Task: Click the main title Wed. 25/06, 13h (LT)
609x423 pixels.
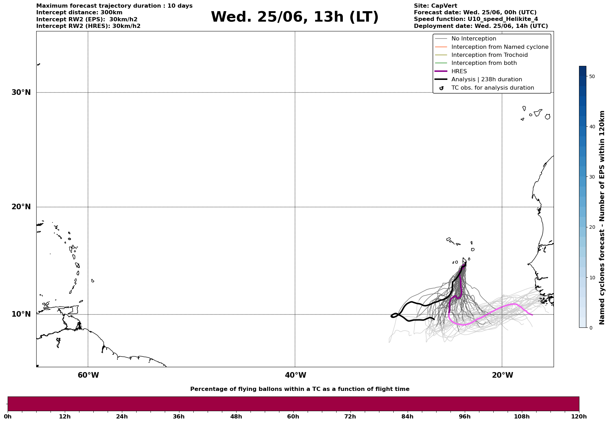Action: click(294, 17)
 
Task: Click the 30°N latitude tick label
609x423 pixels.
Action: click(21, 92)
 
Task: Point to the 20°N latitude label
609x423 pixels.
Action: click(21, 207)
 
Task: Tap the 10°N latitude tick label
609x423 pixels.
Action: click(21, 314)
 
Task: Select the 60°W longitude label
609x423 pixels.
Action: click(88, 375)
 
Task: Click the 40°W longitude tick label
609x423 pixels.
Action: click(295, 375)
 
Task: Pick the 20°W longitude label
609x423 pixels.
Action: click(502, 375)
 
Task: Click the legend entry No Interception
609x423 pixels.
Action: click(473, 39)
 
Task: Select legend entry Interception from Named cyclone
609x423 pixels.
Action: click(500, 47)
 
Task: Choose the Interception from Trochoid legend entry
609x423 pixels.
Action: click(489, 55)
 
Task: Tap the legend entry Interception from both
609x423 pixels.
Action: click(484, 63)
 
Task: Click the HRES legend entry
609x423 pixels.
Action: click(459, 71)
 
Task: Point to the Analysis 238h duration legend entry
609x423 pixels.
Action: click(486, 80)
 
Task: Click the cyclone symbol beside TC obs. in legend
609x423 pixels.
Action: click(441, 88)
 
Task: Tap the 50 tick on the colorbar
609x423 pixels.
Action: click(592, 76)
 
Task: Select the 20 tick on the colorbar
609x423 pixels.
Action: click(592, 227)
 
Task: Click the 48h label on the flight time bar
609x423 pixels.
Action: click(236, 417)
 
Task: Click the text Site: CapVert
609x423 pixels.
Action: click(435, 6)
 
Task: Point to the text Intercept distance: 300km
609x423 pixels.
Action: click(79, 13)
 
